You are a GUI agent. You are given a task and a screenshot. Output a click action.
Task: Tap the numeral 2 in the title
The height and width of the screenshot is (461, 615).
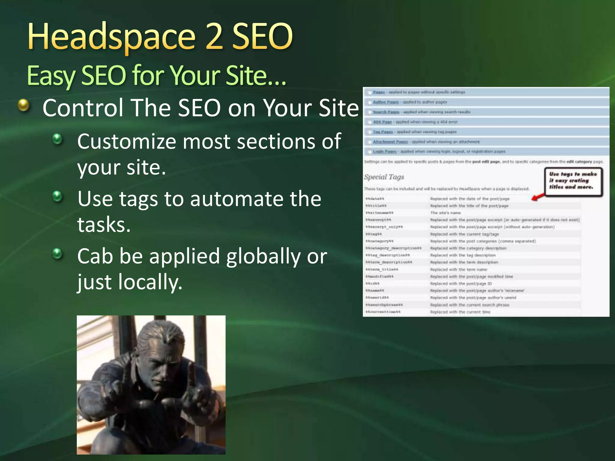pyautogui.click(x=214, y=37)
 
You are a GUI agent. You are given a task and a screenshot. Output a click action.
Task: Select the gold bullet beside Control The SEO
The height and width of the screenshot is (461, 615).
pyautogui.click(x=23, y=105)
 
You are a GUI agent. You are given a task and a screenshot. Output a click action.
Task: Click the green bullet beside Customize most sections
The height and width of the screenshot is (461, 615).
pyautogui.click(x=57, y=139)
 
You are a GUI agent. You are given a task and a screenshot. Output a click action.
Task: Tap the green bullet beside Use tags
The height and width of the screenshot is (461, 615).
pyautogui.click(x=57, y=197)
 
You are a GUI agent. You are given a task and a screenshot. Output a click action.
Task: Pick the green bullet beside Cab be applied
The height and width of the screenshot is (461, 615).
pyautogui.click(x=57, y=254)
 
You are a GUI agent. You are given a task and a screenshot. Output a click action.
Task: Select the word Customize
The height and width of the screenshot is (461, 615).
pyautogui.click(x=126, y=142)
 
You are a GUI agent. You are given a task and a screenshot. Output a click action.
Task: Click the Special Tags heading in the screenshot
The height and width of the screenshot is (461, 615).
pyautogui.click(x=384, y=177)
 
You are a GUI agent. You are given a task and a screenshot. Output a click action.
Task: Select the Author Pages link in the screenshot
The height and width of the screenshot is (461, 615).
pyautogui.click(x=386, y=102)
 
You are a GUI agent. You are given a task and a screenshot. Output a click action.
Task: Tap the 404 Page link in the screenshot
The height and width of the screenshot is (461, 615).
pyautogui.click(x=382, y=122)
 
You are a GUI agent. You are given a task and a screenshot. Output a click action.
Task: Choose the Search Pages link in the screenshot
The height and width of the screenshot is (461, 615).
pyautogui.click(x=386, y=112)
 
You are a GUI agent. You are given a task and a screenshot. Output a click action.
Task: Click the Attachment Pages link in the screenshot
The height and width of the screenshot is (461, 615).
pyautogui.click(x=390, y=142)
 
